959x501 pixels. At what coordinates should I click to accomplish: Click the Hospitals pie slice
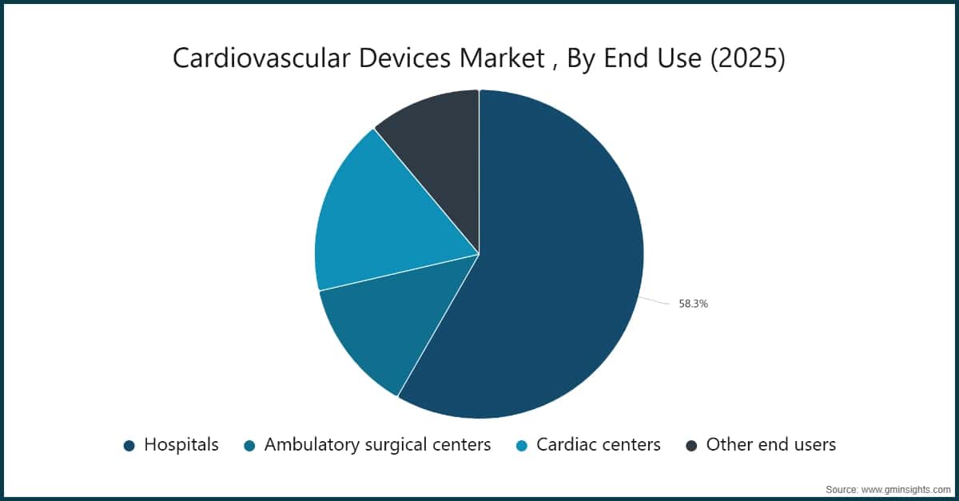[x=551, y=264]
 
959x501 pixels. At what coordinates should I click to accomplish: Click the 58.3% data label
[x=693, y=304]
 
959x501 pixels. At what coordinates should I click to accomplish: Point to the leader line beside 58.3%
[x=654, y=301]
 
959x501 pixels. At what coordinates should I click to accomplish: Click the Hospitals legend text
[x=181, y=445]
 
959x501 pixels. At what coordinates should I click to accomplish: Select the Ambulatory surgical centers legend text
[x=377, y=445]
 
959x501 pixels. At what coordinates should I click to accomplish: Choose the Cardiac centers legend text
[x=599, y=445]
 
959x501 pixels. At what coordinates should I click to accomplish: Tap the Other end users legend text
[x=770, y=445]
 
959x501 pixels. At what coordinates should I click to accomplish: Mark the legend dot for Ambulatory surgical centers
[x=250, y=446]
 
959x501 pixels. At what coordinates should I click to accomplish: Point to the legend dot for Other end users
[x=692, y=446]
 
